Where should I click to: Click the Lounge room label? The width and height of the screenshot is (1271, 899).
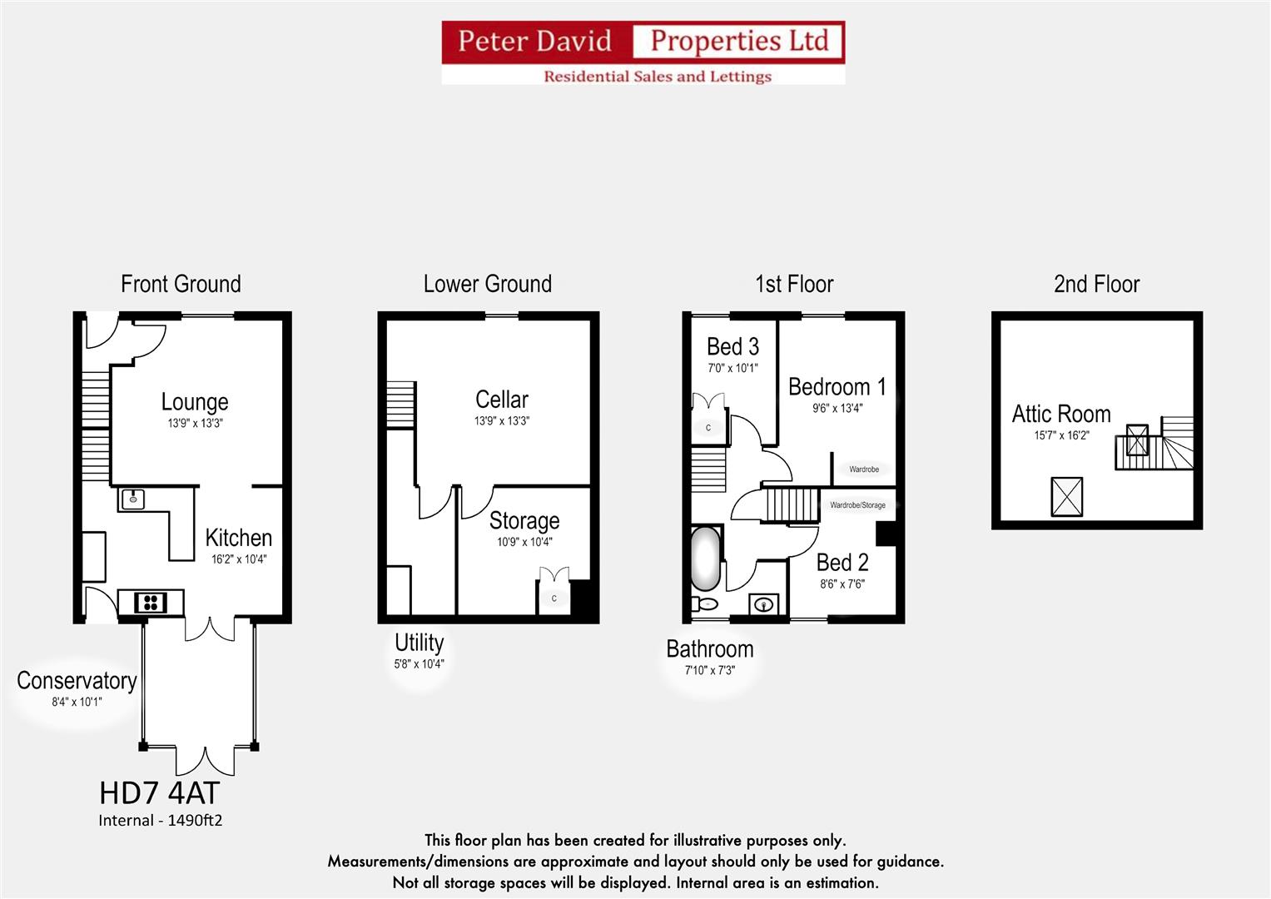[195, 402]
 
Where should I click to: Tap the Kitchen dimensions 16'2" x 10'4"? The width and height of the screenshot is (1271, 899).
[239, 559]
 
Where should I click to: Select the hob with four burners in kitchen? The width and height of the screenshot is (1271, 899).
[151, 602]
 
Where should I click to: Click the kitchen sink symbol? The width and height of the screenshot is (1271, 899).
[133, 499]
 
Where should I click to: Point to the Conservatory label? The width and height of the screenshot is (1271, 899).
[77, 681]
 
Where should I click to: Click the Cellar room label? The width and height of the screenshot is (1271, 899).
[502, 400]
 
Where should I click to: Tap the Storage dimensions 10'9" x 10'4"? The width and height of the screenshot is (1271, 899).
[524, 542]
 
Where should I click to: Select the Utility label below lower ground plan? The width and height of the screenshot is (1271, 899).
[420, 643]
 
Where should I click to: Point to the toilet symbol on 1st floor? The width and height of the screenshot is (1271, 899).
[704, 603]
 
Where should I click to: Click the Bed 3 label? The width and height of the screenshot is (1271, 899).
[732, 346]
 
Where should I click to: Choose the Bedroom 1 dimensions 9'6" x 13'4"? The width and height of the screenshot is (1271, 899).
[837, 408]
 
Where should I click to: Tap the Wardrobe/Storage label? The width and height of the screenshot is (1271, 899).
[857, 505]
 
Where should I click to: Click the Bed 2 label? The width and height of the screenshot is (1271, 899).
[842, 563]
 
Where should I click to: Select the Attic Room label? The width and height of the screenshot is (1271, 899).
[1061, 414]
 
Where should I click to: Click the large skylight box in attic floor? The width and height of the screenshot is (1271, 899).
[1067, 497]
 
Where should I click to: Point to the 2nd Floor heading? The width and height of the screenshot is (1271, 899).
[1096, 284]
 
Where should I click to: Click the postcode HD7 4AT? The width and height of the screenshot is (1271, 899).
[160, 792]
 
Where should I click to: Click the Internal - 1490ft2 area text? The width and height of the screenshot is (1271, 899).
[161, 820]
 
